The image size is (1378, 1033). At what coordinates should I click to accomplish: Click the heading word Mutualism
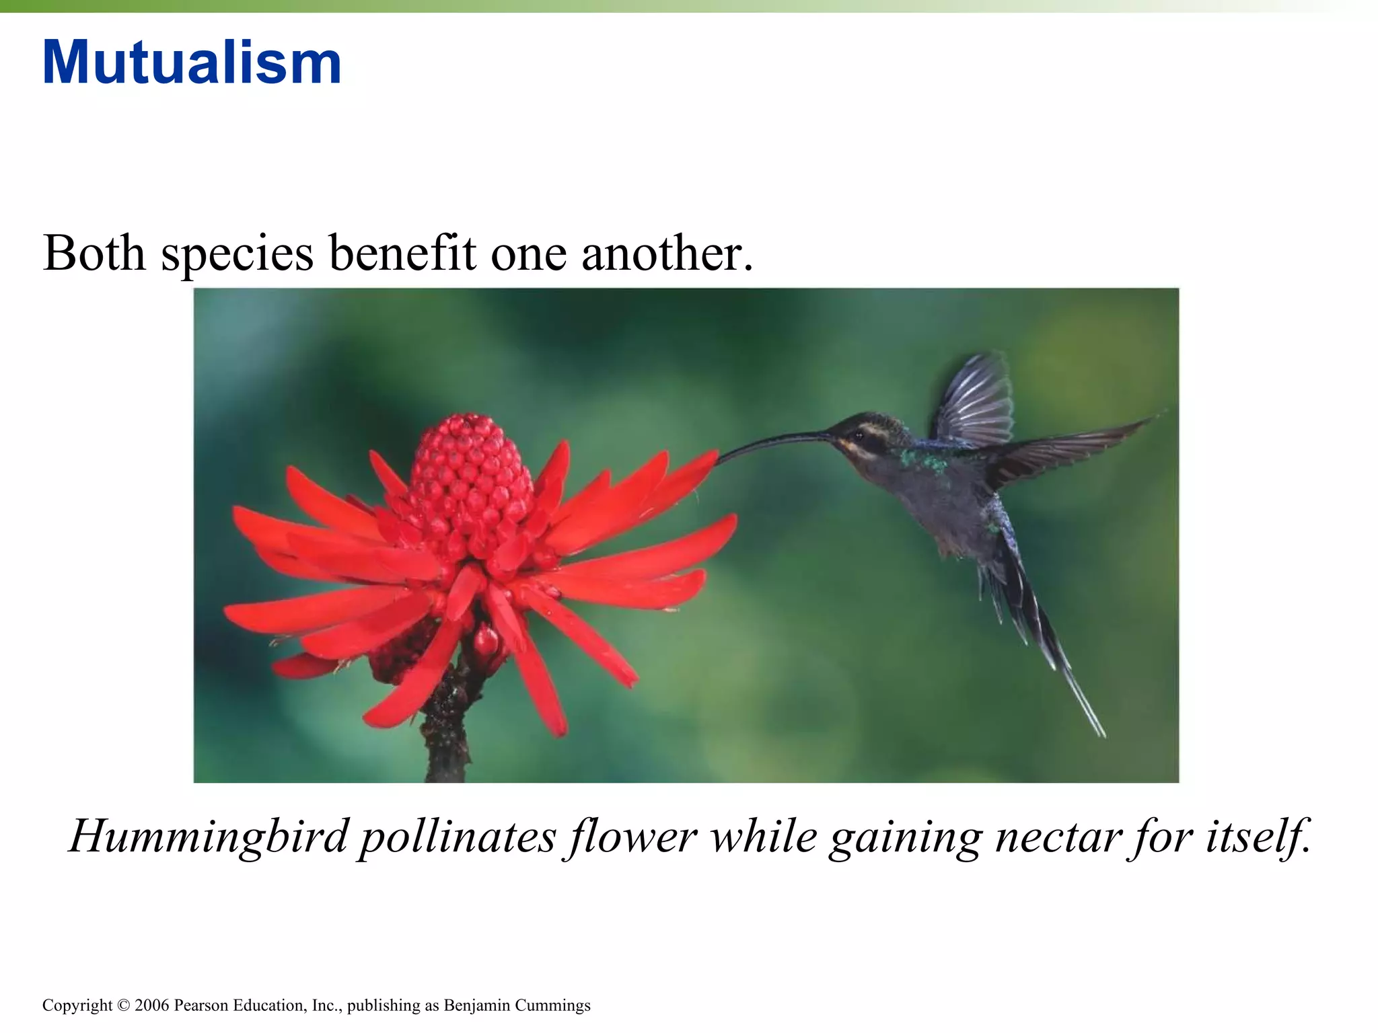pyautogui.click(x=192, y=63)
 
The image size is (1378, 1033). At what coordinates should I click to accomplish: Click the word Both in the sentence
pyautogui.click(x=94, y=254)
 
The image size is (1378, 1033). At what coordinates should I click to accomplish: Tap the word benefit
pyautogui.click(x=402, y=254)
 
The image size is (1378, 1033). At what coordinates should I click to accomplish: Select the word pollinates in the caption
pyautogui.click(x=457, y=837)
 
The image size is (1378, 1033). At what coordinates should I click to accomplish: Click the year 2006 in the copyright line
pyautogui.click(x=153, y=1005)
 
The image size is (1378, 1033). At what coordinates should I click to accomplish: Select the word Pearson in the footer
pyautogui.click(x=201, y=1005)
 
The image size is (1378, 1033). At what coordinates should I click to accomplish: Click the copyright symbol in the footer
pyautogui.click(x=122, y=1006)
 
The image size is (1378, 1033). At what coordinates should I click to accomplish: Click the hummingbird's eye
pyautogui.click(x=859, y=434)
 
